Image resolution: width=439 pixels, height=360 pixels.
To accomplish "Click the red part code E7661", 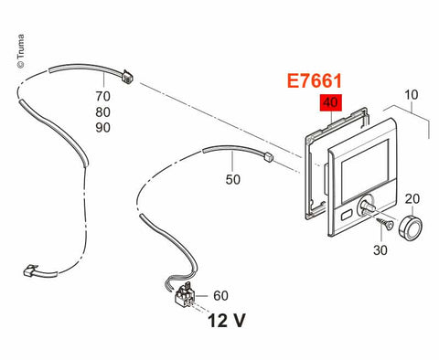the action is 315,81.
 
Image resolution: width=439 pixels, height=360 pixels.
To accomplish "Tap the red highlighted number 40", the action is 331,102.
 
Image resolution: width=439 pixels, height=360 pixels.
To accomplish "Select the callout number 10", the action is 412,95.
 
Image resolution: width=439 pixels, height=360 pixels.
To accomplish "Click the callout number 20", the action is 412,199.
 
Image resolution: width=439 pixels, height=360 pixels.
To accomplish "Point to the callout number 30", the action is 380,250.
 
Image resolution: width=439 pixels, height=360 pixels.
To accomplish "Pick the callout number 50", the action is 233,179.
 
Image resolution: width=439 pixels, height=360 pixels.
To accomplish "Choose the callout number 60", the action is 220,295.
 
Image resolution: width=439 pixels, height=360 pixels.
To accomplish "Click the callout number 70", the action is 102,96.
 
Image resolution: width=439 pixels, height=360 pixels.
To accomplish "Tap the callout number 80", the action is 102,112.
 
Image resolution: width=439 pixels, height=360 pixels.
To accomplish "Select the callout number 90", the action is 102,128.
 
